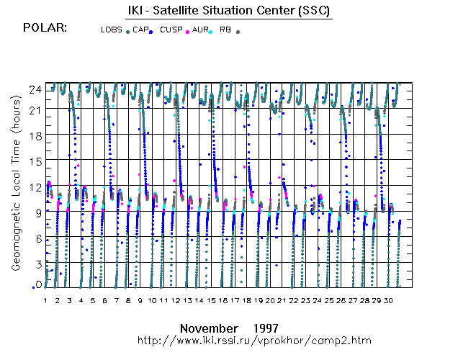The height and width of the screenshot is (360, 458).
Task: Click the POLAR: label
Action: [x=45, y=28]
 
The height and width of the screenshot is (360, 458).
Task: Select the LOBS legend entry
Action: [x=111, y=30]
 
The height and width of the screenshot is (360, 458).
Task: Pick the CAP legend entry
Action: [x=140, y=30]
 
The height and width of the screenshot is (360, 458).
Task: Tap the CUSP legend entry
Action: [x=171, y=30]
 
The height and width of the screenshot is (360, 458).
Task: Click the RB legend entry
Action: [x=225, y=30]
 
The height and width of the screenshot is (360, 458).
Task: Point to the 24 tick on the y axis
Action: [x=35, y=89]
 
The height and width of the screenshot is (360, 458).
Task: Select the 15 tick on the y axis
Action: [x=35, y=161]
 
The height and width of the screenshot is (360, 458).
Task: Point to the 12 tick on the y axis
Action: [x=35, y=186]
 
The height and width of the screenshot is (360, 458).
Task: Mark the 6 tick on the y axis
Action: [x=37, y=238]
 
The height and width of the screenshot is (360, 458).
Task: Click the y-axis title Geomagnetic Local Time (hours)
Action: [x=15, y=197]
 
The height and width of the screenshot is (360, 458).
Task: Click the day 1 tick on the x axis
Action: [x=45, y=300]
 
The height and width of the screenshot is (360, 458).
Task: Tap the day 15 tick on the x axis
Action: [x=211, y=300]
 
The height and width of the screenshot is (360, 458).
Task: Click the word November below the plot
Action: [x=209, y=326]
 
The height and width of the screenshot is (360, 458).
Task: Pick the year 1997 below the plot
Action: [x=266, y=326]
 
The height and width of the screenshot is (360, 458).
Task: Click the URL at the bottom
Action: [x=265, y=338]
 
